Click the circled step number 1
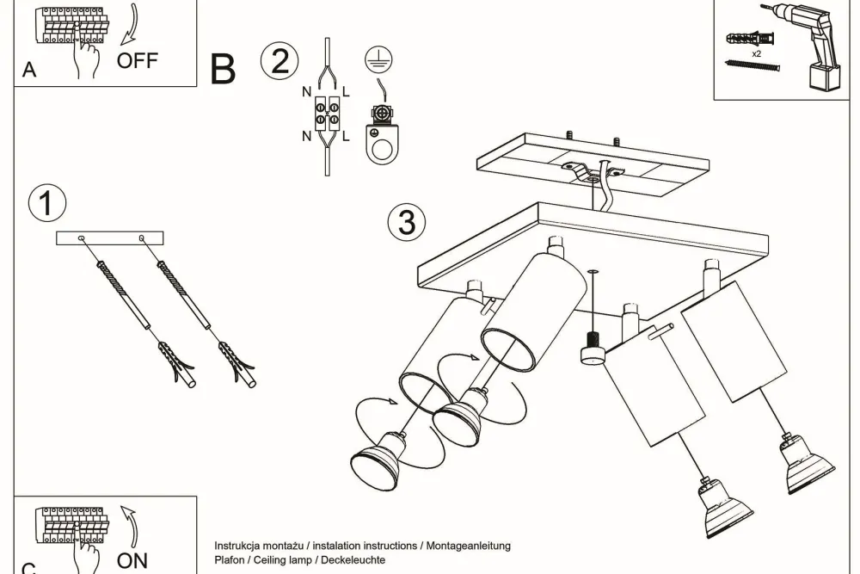(x=46, y=204)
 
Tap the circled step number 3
(x=407, y=222)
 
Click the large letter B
(x=223, y=70)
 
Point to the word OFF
(x=138, y=60)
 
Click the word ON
(x=132, y=560)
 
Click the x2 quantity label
(x=756, y=53)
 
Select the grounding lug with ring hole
(x=378, y=135)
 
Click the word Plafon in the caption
(x=230, y=560)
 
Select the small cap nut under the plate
(x=591, y=350)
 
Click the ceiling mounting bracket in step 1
(x=110, y=238)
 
